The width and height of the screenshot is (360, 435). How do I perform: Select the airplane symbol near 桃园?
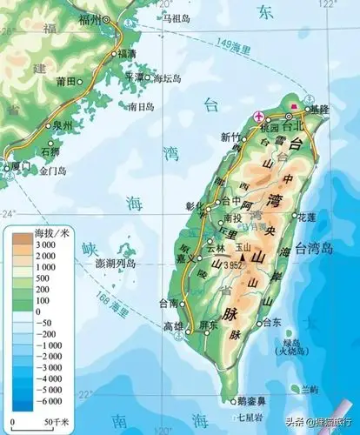[x=257, y=116]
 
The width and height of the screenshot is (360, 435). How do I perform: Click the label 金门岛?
[x=56, y=172]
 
